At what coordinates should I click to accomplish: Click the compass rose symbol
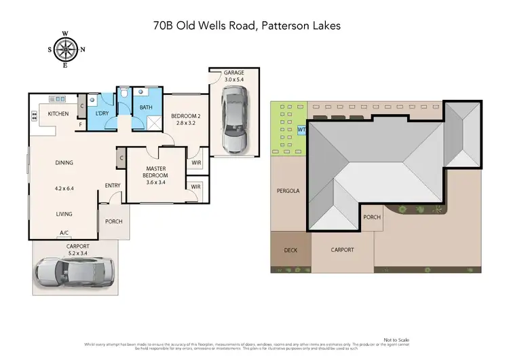[x=65, y=49]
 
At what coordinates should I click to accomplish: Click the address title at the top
[x=247, y=26]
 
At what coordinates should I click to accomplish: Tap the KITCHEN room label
[x=58, y=113]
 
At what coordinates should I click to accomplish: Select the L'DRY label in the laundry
[x=102, y=113]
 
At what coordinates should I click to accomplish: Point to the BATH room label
[x=146, y=107]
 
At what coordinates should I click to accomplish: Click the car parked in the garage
[x=233, y=124]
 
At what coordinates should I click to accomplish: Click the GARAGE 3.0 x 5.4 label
[x=235, y=75]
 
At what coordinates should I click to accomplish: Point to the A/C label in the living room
[x=65, y=232]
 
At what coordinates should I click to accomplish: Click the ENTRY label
[x=113, y=185]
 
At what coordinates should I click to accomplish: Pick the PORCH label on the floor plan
[x=113, y=221]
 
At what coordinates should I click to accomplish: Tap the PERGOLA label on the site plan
[x=287, y=191]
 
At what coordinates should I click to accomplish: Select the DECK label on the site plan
[x=290, y=250]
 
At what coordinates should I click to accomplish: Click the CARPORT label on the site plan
[x=342, y=250]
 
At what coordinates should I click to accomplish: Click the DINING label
[x=64, y=162]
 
